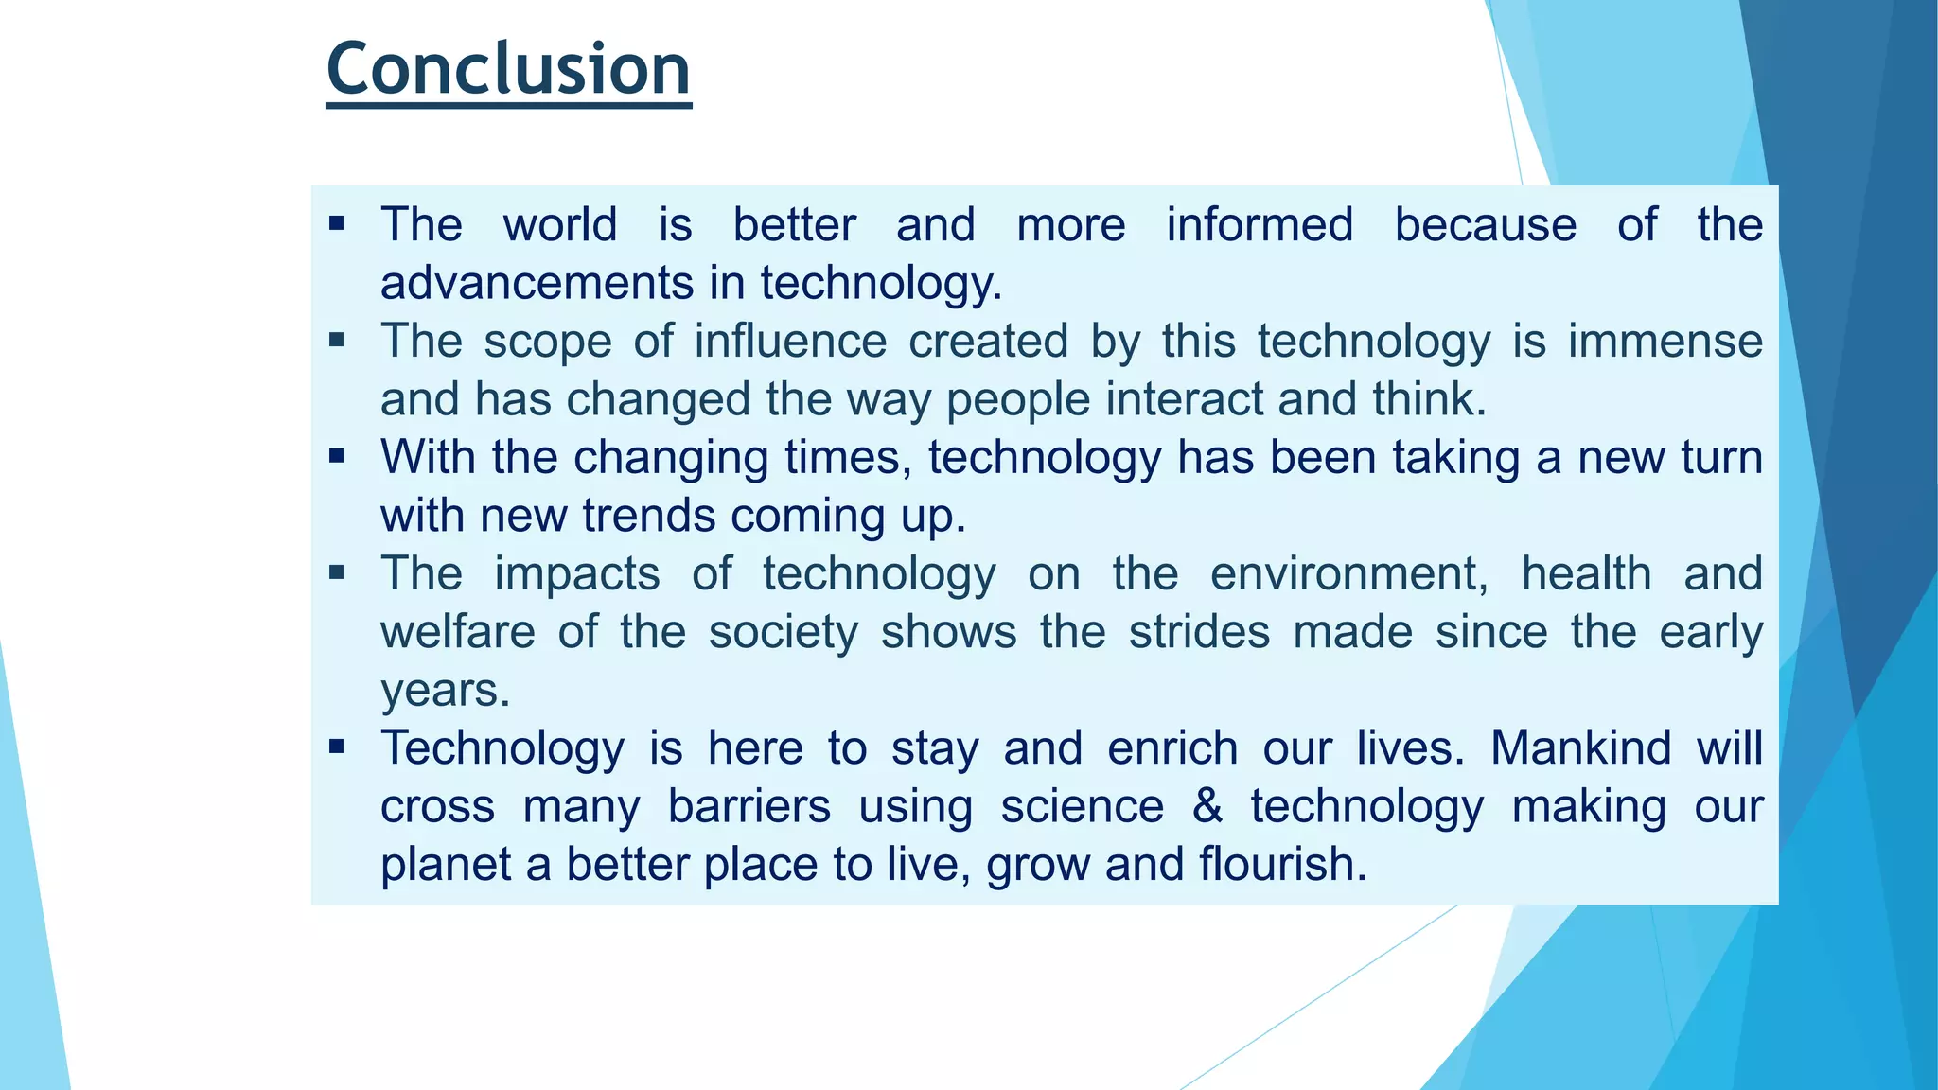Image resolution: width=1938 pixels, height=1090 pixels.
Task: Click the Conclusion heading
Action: pyautogui.click(x=508, y=70)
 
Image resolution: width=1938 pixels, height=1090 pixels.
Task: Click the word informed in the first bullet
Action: pyautogui.click(x=1260, y=225)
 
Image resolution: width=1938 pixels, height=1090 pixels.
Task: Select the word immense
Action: pyautogui.click(x=1665, y=342)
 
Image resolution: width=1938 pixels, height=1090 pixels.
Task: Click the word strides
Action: pyautogui.click(x=1199, y=632)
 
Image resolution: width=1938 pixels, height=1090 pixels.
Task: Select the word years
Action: pyautogui.click(x=445, y=691)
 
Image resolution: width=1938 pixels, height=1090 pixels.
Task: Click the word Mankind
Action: pyautogui.click(x=1581, y=748)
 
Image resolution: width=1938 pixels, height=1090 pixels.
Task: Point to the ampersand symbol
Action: pyautogui.click(x=1207, y=806)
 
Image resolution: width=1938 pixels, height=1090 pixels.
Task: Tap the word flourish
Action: pyautogui.click(x=1282, y=865)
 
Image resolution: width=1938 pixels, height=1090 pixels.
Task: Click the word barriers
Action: pyautogui.click(x=749, y=806)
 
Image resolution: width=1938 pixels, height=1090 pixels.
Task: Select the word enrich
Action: pyautogui.click(x=1172, y=748)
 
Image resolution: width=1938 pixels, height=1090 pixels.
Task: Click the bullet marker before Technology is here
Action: pyautogui.click(x=337, y=747)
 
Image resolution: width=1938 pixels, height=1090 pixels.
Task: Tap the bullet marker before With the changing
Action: pyautogui.click(x=337, y=457)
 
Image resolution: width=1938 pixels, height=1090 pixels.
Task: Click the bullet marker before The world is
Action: pyautogui.click(x=337, y=224)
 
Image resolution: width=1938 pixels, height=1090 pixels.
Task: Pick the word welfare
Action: pyautogui.click(x=458, y=632)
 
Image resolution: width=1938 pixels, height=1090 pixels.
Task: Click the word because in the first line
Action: pyautogui.click(x=1486, y=225)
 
